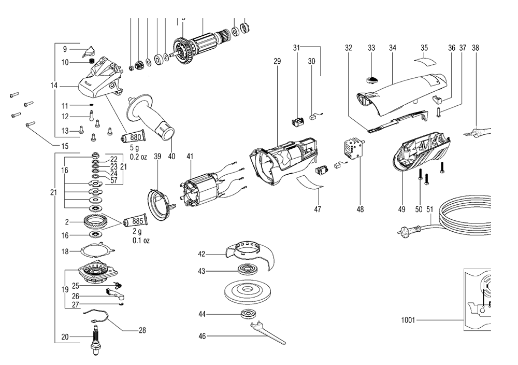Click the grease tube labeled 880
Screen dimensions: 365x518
[x=134, y=138]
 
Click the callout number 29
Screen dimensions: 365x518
[x=277, y=62]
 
